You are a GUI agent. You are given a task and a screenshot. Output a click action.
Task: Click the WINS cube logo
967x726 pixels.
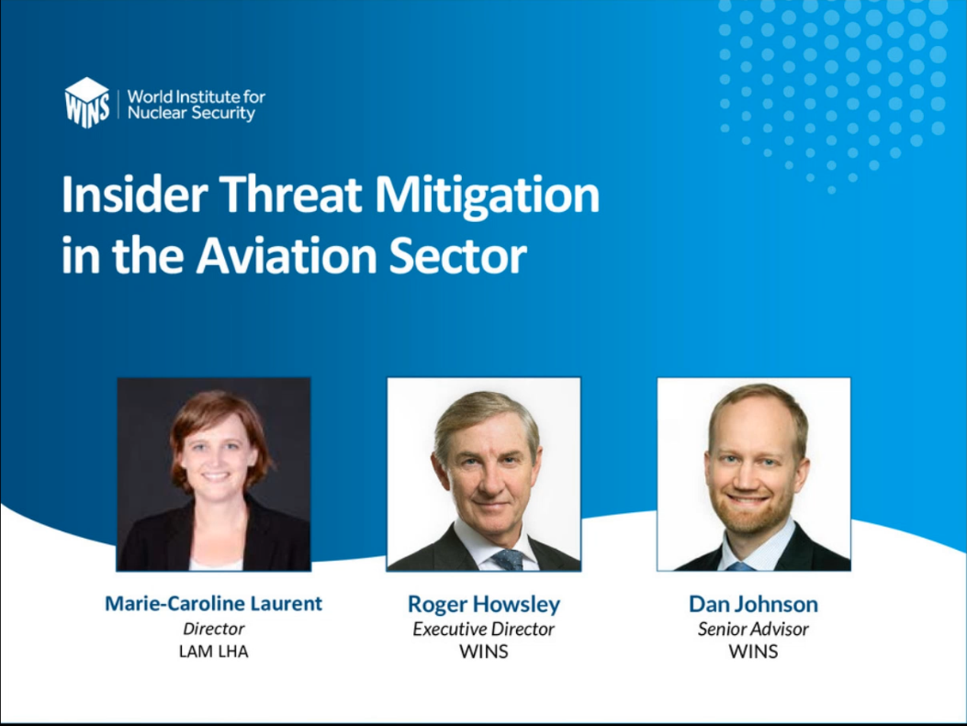pyautogui.click(x=87, y=102)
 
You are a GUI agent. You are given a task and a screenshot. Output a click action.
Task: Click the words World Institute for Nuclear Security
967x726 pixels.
pyautogui.click(x=197, y=105)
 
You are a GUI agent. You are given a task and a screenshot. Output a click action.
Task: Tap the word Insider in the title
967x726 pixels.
pyautogui.click(x=134, y=195)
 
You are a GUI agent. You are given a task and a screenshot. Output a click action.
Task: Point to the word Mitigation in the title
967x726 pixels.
pyautogui.click(x=488, y=197)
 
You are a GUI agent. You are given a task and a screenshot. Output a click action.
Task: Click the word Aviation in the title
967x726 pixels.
pyautogui.click(x=287, y=256)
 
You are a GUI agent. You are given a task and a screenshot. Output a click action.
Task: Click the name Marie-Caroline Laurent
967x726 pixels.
pyautogui.click(x=213, y=603)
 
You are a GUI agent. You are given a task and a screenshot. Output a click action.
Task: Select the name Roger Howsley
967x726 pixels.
pyautogui.click(x=484, y=605)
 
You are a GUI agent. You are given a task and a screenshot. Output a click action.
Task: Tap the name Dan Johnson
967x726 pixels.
pyautogui.click(x=754, y=604)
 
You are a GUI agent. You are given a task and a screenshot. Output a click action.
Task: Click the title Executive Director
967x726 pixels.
pyautogui.click(x=483, y=630)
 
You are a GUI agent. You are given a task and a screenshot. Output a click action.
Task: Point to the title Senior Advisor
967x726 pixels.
pyautogui.click(x=753, y=630)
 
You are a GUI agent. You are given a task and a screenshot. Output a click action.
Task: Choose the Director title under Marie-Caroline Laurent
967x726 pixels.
pyautogui.click(x=213, y=629)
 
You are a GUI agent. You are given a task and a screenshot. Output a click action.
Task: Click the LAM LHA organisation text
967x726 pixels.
pyautogui.click(x=213, y=652)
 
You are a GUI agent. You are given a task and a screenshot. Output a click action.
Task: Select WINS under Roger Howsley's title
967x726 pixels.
pyautogui.click(x=484, y=652)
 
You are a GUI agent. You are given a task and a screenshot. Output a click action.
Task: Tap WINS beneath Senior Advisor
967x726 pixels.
pyautogui.click(x=753, y=652)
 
